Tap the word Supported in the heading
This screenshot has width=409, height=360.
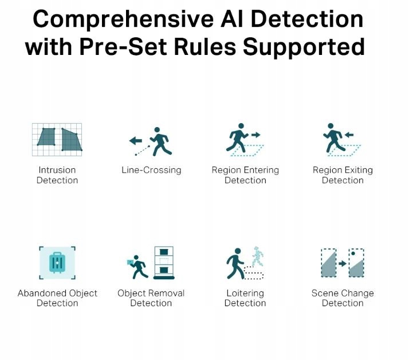[x=303, y=46]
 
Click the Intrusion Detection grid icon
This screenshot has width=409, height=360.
[x=57, y=139]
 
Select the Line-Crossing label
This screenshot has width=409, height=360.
[x=151, y=170]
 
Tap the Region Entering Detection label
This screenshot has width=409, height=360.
[x=245, y=175]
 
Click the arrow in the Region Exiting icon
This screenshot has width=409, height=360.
[x=348, y=135]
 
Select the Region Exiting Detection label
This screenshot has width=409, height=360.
[x=343, y=175]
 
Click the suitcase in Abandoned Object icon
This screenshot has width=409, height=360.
[x=57, y=263]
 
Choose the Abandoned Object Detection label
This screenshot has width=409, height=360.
[x=57, y=298]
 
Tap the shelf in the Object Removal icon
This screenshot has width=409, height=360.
[x=163, y=263]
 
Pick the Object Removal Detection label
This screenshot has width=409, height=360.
[x=151, y=298]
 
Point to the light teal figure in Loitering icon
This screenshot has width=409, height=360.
[x=257, y=258]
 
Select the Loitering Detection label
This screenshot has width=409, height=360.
[x=245, y=298]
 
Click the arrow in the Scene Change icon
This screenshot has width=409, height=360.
[x=343, y=264]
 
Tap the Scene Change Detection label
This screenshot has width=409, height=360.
[x=343, y=298]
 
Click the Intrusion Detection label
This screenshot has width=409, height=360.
[x=57, y=175]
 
